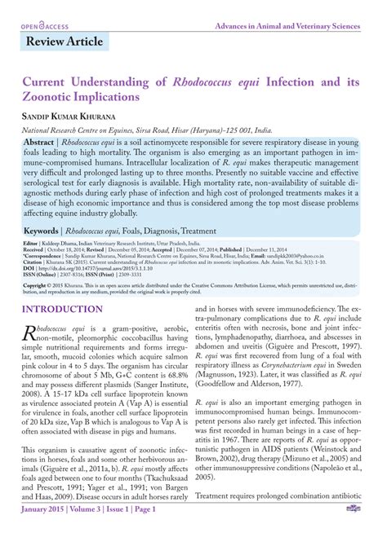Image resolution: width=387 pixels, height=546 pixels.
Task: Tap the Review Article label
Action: [x=64, y=42]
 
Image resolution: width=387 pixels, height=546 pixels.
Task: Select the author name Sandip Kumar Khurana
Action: [x=75, y=117]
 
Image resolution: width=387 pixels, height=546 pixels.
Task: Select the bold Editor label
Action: [x=30, y=221]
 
